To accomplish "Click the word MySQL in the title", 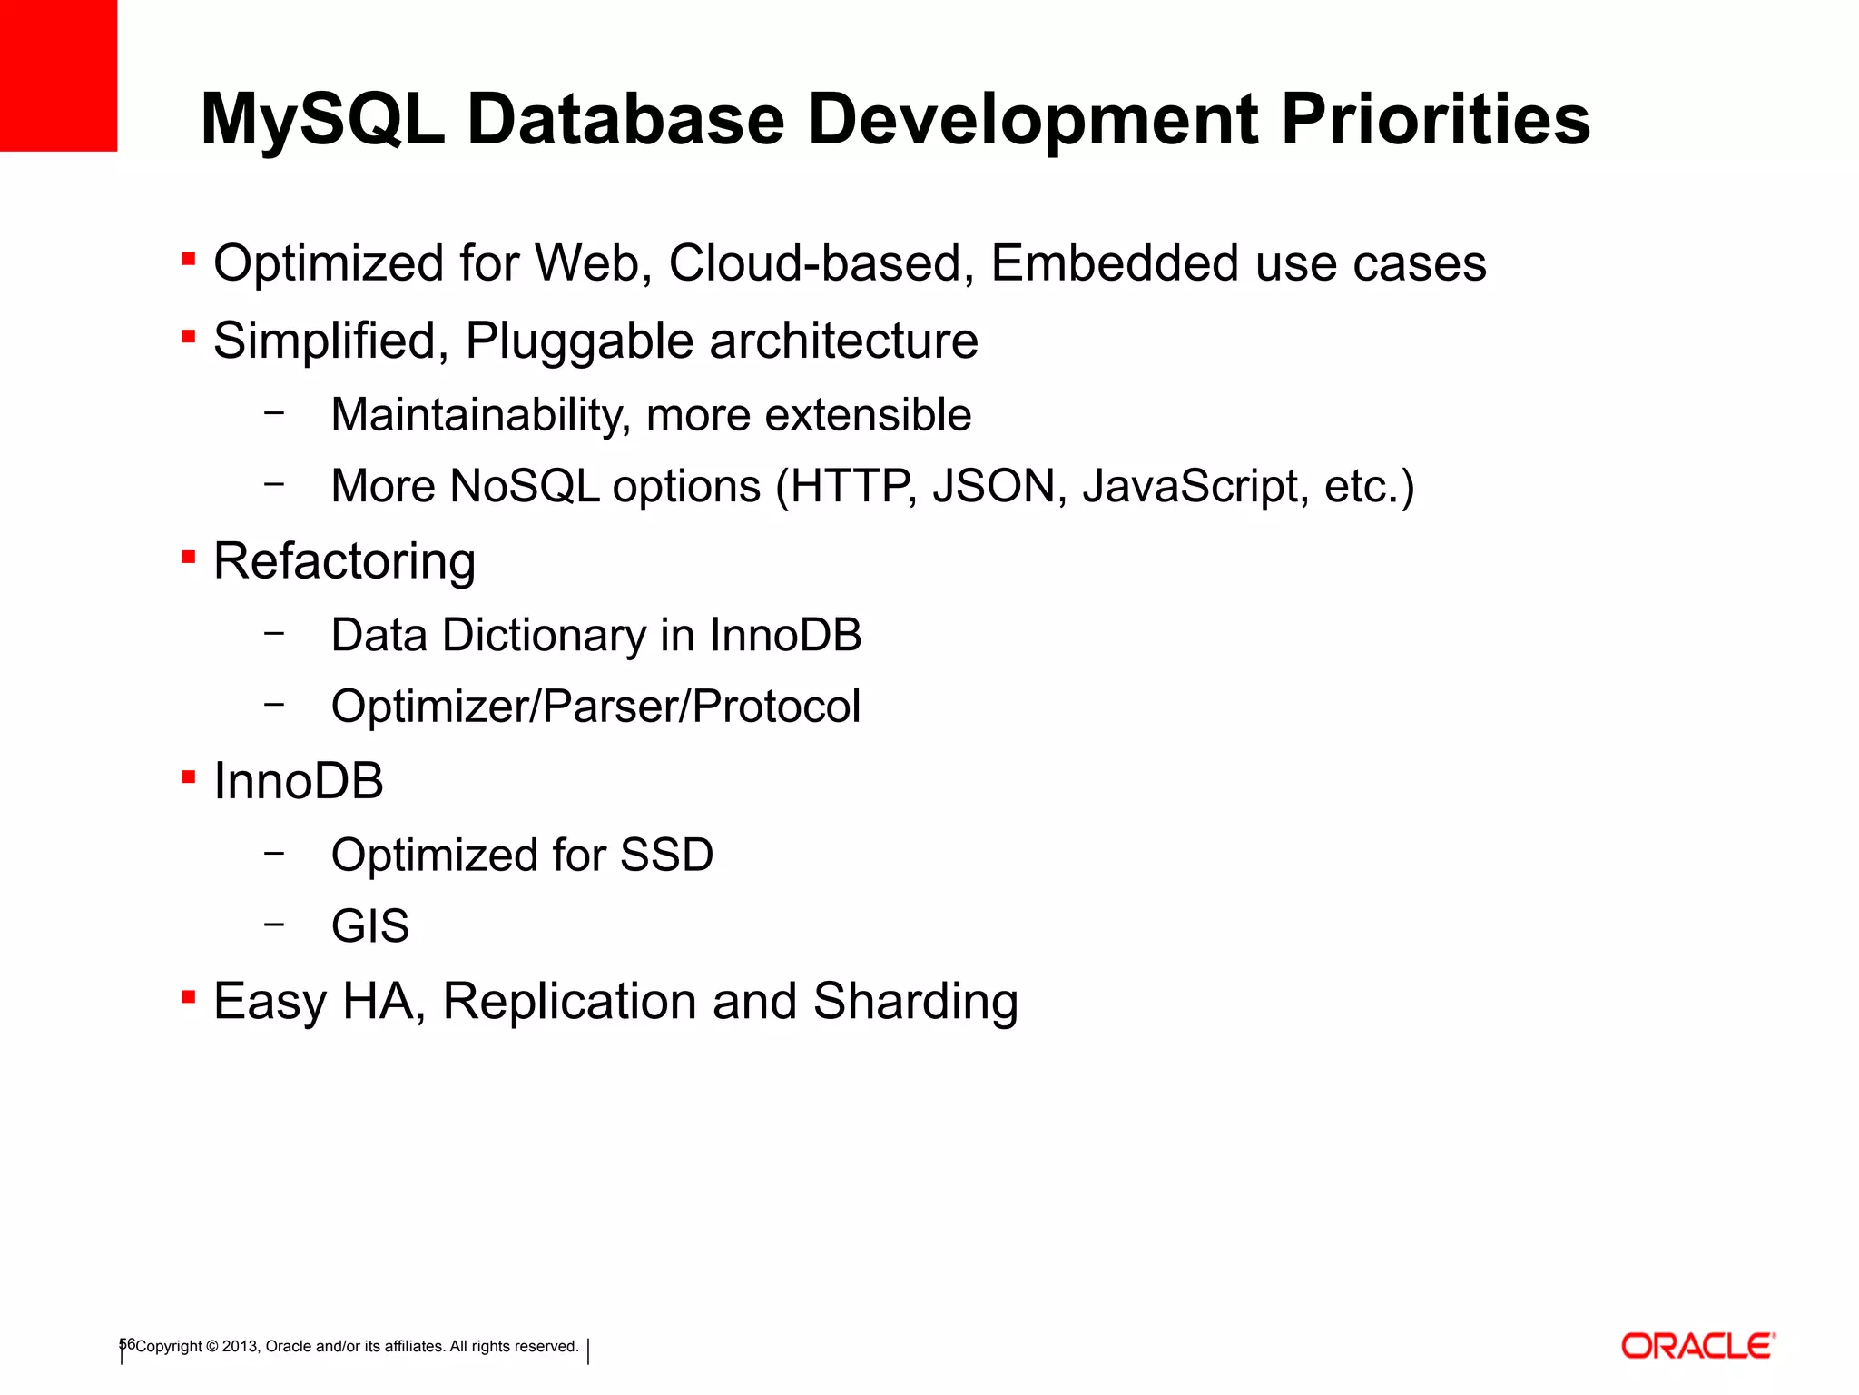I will (x=322, y=120).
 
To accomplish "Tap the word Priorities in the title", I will (x=1435, y=120).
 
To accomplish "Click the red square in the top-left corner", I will (x=58, y=74).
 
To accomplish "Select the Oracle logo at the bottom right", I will (x=1697, y=1346).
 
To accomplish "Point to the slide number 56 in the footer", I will (x=127, y=1344).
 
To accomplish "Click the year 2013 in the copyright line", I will (x=241, y=1346).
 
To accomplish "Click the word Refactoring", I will (x=344, y=561).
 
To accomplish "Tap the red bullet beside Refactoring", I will (x=189, y=557).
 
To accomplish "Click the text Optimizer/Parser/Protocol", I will (x=595, y=707).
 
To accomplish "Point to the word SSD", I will (x=666, y=856).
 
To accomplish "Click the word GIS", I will (x=370, y=926).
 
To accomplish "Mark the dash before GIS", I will (x=274, y=925).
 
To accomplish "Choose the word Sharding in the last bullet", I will (x=915, y=1002).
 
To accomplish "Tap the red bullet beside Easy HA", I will (x=189, y=998).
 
